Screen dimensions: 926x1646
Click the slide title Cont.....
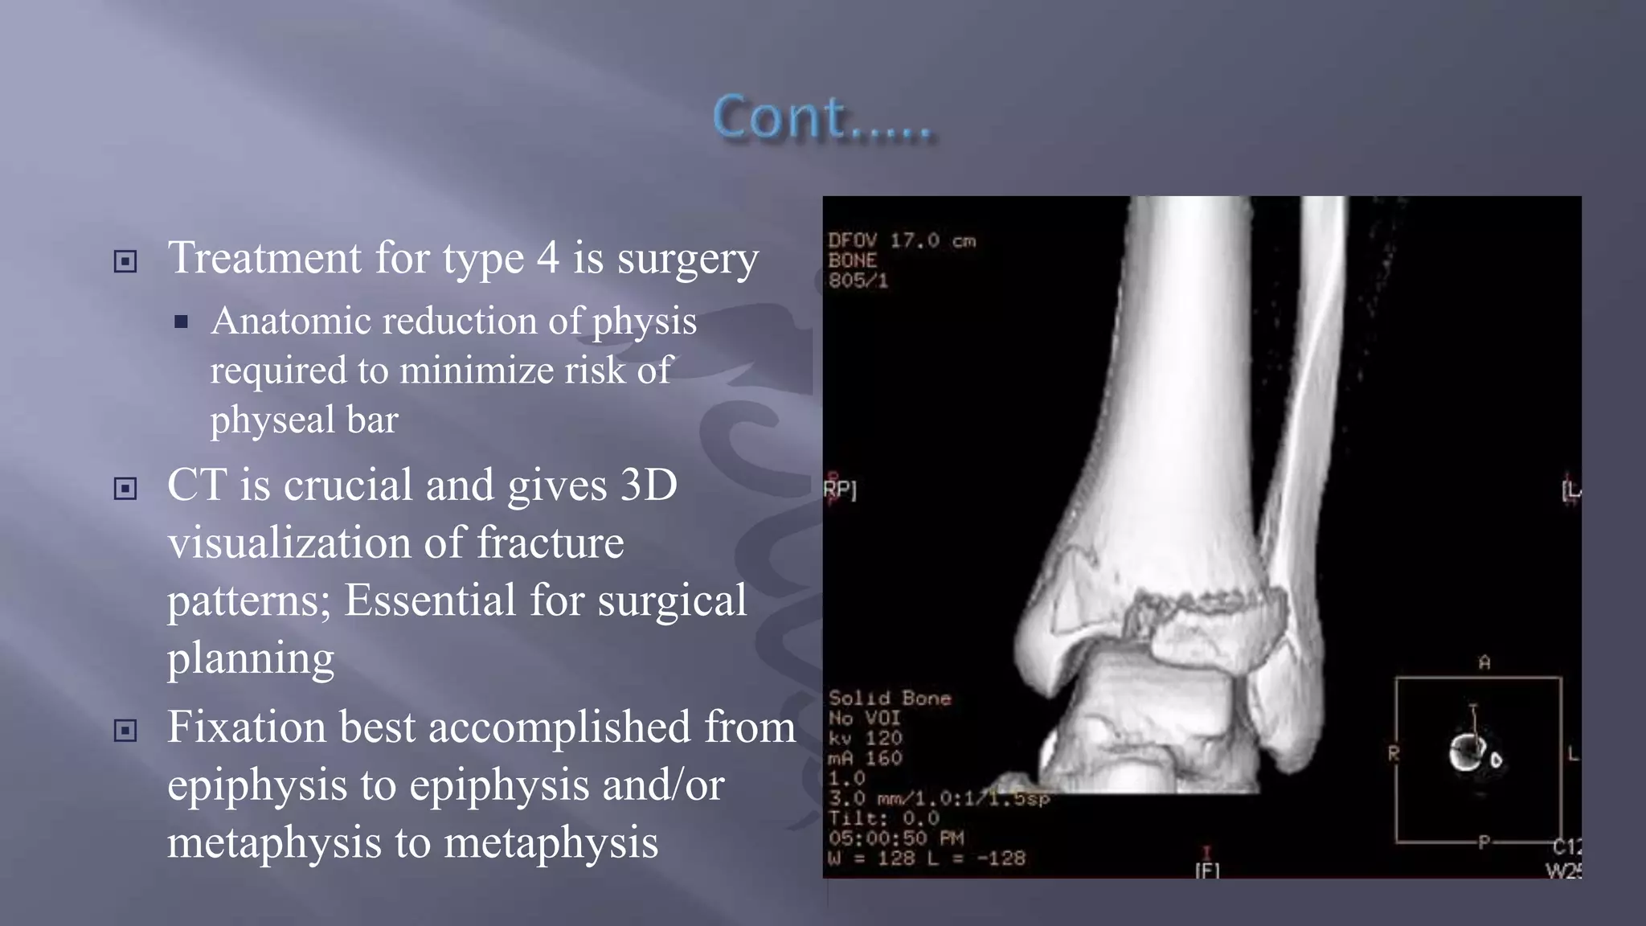(821, 118)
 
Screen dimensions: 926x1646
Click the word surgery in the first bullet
(687, 259)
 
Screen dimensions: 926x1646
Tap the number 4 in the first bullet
(547, 258)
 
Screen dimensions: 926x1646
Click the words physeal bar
(304, 420)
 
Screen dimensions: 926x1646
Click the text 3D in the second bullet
(649, 486)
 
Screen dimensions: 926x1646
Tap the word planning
(250, 659)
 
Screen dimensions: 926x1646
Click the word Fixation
(246, 727)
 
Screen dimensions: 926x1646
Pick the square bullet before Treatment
(125, 261)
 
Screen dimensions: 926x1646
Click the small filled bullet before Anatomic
(181, 322)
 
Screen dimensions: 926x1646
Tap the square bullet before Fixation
(125, 730)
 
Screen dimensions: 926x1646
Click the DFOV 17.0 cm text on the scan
(901, 240)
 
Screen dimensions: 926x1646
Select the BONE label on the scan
(853, 260)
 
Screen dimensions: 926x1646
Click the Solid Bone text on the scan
(889, 698)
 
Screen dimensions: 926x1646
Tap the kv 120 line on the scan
(866, 738)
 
